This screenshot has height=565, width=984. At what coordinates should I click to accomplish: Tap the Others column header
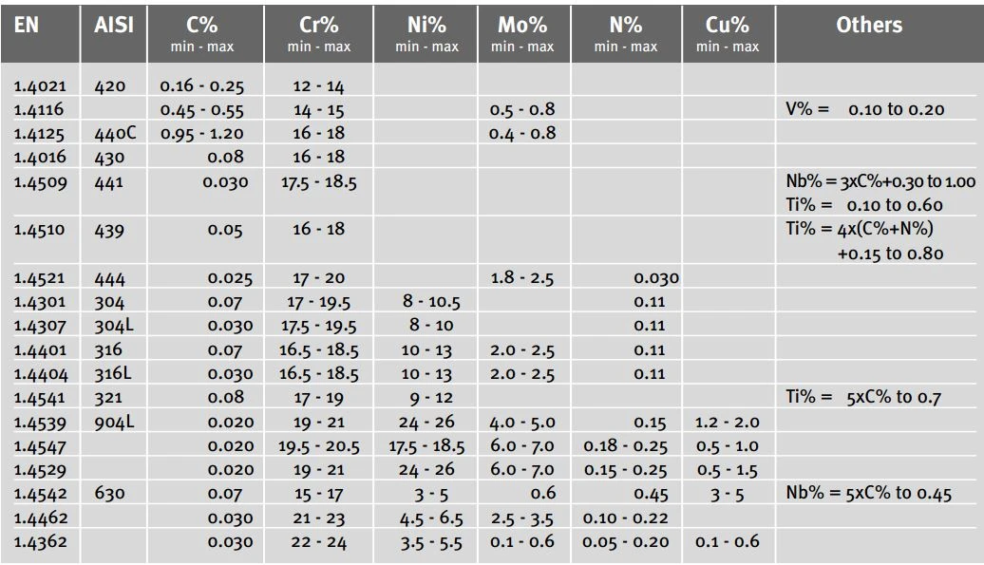pyautogui.click(x=869, y=25)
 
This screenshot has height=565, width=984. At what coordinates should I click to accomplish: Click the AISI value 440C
pyautogui.click(x=115, y=133)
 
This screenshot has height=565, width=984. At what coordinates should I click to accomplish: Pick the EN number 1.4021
pyautogui.click(x=40, y=85)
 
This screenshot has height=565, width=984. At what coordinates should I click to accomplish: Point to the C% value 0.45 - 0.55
pyautogui.click(x=202, y=110)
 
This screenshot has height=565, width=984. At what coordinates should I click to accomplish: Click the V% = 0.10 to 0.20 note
pyautogui.click(x=864, y=109)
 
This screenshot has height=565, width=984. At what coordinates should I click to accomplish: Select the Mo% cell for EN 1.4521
pyautogui.click(x=522, y=278)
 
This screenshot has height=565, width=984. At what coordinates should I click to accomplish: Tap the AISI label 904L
pyautogui.click(x=114, y=422)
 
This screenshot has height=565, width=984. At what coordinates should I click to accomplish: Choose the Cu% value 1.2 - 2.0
pyautogui.click(x=728, y=422)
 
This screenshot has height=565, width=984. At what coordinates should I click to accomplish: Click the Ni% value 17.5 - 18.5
pyautogui.click(x=426, y=446)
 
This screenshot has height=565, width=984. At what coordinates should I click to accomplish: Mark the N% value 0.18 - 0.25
pyautogui.click(x=626, y=446)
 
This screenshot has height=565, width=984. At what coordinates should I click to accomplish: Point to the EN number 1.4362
pyautogui.click(x=40, y=542)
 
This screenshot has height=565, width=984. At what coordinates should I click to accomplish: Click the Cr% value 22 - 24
pyautogui.click(x=319, y=542)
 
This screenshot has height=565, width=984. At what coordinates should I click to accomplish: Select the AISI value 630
pyautogui.click(x=110, y=494)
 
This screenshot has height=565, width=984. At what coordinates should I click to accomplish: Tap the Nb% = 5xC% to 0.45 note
pyautogui.click(x=868, y=493)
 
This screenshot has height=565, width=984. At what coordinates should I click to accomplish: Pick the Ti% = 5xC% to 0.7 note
pyautogui.click(x=863, y=397)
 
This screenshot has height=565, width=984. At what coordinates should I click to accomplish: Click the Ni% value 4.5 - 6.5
pyautogui.click(x=431, y=518)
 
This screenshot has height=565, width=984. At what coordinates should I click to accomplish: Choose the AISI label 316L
pyautogui.click(x=113, y=374)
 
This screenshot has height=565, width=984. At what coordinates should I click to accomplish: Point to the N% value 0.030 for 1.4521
pyautogui.click(x=656, y=278)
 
